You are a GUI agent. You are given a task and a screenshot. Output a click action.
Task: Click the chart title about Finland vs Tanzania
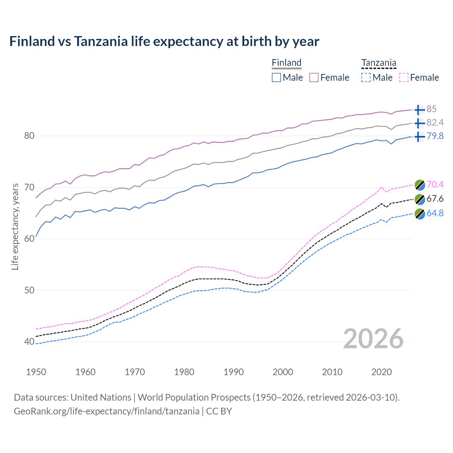point(164,41)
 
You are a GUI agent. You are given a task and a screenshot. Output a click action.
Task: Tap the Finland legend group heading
point(286,63)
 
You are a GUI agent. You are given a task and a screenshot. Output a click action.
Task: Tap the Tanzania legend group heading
point(378,63)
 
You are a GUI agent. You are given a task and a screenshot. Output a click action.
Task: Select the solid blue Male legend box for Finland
point(276,78)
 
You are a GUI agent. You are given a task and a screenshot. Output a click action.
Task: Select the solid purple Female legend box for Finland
point(314,78)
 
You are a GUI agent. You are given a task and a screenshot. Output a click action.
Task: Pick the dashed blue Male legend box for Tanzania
point(366,78)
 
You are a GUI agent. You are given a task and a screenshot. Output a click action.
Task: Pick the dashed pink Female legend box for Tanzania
point(403,78)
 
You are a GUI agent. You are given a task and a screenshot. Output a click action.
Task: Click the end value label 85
point(431,109)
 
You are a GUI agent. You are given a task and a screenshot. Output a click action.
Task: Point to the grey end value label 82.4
point(435,123)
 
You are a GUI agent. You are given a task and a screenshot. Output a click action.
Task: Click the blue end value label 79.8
point(435,136)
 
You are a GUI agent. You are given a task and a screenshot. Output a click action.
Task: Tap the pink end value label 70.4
point(435,184)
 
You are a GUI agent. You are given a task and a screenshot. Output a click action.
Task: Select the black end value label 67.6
point(435,199)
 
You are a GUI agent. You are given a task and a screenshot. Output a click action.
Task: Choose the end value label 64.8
point(435,213)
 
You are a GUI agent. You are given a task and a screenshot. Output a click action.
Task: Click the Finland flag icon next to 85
point(419,110)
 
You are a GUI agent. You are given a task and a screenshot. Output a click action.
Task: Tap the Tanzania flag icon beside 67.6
point(419,199)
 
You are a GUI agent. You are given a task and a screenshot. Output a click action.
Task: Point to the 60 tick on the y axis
point(29,239)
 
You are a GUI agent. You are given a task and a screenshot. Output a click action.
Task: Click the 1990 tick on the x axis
point(234,372)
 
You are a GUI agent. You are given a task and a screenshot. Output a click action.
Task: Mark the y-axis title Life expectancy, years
point(15,226)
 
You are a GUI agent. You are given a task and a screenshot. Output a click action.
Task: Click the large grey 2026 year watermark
point(373,339)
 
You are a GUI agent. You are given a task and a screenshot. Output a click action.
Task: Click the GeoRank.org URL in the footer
point(107,411)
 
